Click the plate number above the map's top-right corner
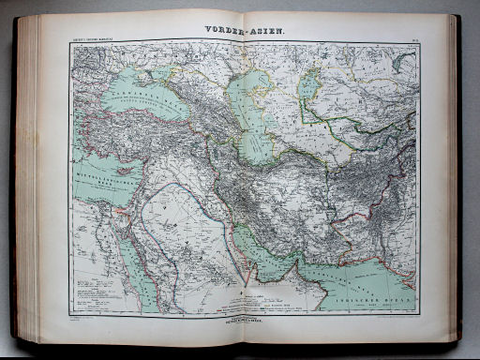click(x=412, y=37)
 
